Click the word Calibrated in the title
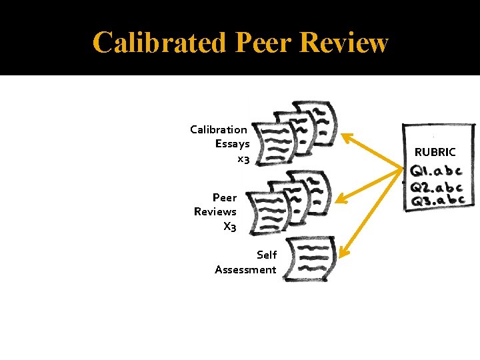(159, 43)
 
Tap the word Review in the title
(344, 43)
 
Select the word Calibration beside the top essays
(219, 129)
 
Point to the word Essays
(232, 144)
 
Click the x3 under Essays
(243, 159)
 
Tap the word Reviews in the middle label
(215, 211)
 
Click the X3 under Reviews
(229, 227)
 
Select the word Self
(267, 255)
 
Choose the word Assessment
(245, 269)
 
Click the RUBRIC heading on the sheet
(435, 152)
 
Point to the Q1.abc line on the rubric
(437, 171)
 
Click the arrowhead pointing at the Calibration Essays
(346, 137)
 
